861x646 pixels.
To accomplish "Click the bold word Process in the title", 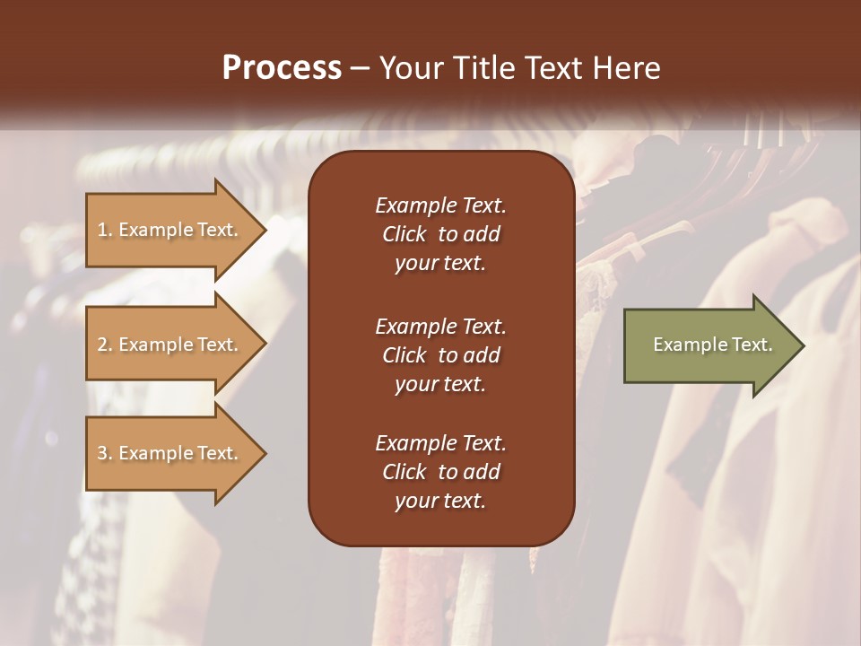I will point(282,68).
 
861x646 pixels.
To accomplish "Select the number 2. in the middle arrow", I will point(105,345).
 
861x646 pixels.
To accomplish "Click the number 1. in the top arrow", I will point(105,230).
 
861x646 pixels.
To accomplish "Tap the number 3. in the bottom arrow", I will point(105,453).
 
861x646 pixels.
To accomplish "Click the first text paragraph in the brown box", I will point(440,234).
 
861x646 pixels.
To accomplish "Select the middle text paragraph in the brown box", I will point(440,355).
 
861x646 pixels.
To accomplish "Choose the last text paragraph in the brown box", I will point(440,472).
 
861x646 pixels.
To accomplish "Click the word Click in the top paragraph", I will point(404,234).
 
